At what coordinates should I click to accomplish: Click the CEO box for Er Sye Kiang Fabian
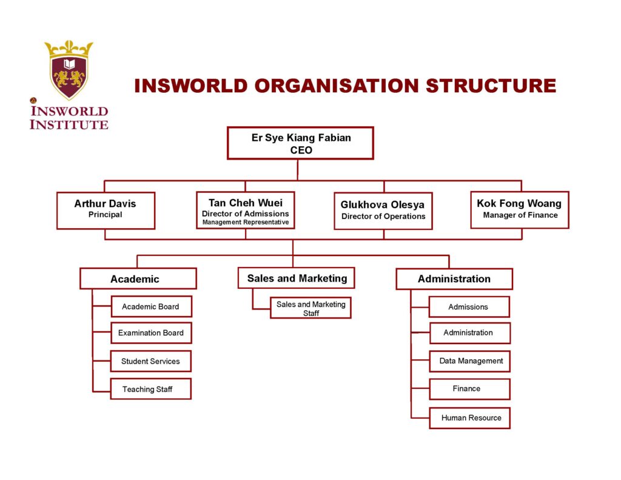pyautogui.click(x=300, y=143)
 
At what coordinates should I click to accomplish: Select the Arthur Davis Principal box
pyautogui.click(x=106, y=210)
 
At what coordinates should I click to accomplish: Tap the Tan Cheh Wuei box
pyautogui.click(x=246, y=210)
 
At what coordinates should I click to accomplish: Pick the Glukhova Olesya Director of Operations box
pyautogui.click(x=383, y=211)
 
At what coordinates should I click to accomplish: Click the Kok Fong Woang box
pyautogui.click(x=519, y=209)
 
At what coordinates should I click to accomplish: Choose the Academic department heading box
pyautogui.click(x=138, y=279)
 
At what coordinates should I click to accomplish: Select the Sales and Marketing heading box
pyautogui.click(x=297, y=278)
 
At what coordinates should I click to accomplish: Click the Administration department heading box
pyautogui.click(x=454, y=279)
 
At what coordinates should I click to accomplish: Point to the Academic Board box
pyautogui.click(x=151, y=306)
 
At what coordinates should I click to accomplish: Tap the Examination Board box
pyautogui.click(x=151, y=333)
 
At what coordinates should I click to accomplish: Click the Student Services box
pyautogui.click(x=150, y=361)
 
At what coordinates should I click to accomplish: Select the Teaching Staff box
pyautogui.click(x=150, y=389)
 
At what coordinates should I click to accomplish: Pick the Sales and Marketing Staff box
pyautogui.click(x=310, y=308)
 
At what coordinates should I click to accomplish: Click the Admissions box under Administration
pyautogui.click(x=469, y=307)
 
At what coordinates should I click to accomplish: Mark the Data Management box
pyautogui.click(x=470, y=361)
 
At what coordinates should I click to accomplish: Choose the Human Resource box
pyautogui.click(x=470, y=418)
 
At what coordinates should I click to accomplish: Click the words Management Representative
pyautogui.click(x=246, y=222)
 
